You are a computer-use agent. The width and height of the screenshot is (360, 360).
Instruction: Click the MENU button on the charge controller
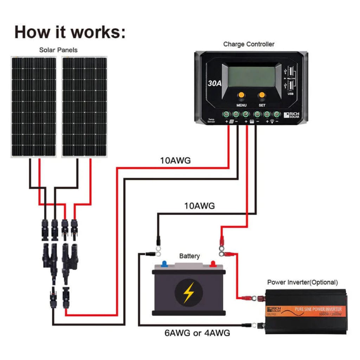click(241, 95)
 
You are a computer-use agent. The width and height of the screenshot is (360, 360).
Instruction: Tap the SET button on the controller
click(262, 95)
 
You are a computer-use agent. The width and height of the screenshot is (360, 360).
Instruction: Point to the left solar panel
click(33, 107)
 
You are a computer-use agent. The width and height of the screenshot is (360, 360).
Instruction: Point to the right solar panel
click(84, 107)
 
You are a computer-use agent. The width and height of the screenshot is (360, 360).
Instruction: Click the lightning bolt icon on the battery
click(189, 292)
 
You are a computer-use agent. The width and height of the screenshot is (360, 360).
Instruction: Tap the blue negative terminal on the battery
click(164, 264)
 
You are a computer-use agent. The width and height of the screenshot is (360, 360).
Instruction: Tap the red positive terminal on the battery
click(213, 264)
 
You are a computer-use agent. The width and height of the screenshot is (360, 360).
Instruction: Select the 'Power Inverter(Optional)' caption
click(302, 282)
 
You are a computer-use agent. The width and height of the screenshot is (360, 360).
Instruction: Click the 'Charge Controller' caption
click(249, 44)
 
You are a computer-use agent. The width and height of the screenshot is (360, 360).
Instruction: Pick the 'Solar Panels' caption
click(58, 50)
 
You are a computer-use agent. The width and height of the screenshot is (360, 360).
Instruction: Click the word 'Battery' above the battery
click(189, 256)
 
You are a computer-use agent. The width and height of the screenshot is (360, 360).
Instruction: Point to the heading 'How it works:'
click(70, 32)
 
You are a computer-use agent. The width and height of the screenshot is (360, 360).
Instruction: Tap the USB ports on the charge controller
click(291, 79)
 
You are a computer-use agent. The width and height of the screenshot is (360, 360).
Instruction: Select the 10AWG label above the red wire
click(175, 161)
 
